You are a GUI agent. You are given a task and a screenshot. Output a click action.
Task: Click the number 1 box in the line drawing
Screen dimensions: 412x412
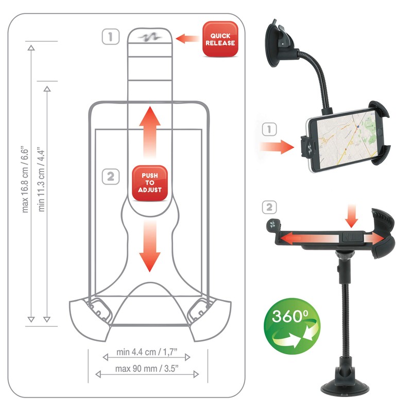(x=111, y=37)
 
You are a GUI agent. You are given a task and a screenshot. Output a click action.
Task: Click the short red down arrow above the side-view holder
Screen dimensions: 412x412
(x=352, y=217)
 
